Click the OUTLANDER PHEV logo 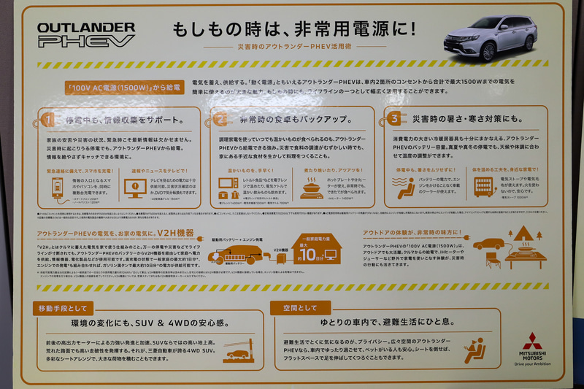(86, 34)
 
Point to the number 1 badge (48, 118)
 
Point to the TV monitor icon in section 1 (136, 188)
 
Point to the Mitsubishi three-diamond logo (531, 339)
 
